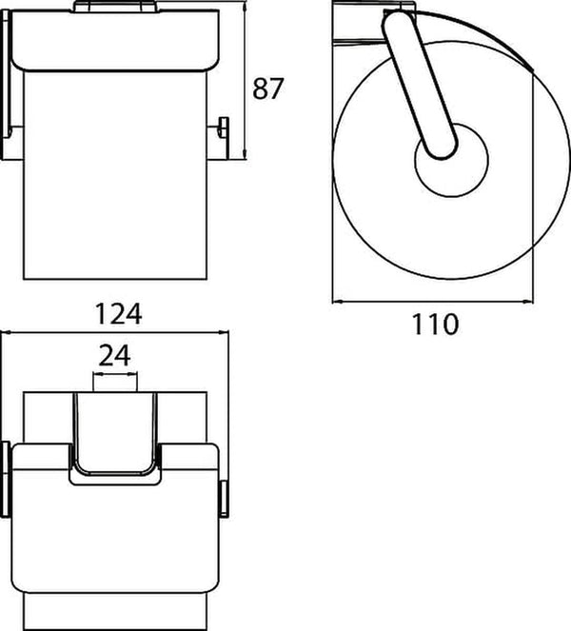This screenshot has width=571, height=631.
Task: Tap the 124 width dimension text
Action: [x=117, y=313]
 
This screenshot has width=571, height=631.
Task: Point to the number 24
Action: [x=115, y=356]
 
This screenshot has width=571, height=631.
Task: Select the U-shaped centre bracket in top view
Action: [x=115, y=438]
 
